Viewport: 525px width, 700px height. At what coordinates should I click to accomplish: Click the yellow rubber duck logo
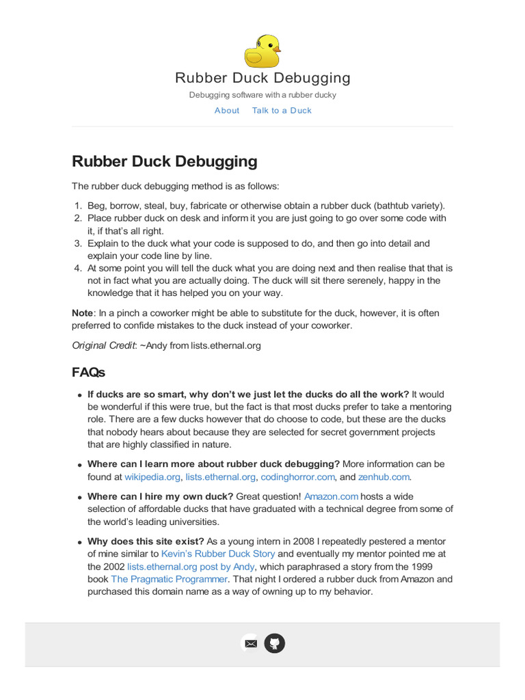[262, 51]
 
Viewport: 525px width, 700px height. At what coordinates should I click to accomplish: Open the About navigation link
[227, 111]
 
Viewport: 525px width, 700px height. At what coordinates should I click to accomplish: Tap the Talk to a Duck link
[282, 111]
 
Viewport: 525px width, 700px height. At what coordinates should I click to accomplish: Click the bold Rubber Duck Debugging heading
[165, 162]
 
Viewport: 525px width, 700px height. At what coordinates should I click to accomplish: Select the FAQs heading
[88, 373]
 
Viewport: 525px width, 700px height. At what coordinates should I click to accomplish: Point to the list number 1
[78, 206]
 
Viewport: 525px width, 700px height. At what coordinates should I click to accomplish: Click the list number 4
[78, 268]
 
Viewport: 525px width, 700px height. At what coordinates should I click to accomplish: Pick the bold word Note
[82, 313]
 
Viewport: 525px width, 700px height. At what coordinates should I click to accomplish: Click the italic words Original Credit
[103, 346]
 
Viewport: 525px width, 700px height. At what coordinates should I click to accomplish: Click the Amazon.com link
[331, 496]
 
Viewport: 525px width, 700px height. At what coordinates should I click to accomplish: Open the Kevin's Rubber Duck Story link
[218, 554]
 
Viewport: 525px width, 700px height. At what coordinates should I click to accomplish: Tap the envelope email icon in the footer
[251, 643]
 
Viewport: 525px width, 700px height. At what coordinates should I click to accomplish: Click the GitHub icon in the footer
[274, 643]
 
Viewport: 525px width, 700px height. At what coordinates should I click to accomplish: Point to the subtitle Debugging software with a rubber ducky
[262, 95]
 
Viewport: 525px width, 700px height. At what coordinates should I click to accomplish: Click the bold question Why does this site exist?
[146, 541]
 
